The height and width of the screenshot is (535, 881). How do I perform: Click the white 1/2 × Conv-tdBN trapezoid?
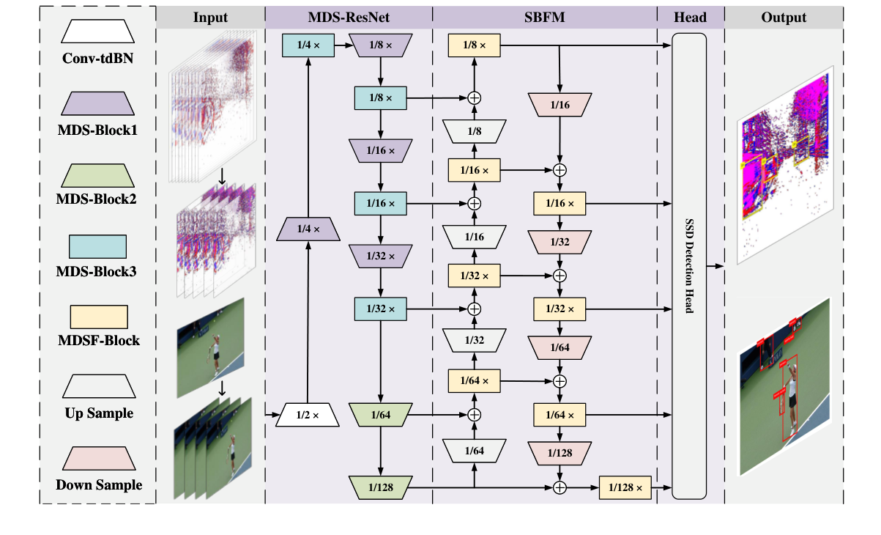point(308,416)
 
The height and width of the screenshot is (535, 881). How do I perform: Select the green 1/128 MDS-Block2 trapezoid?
point(380,487)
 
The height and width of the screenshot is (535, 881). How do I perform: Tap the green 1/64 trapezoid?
point(380,416)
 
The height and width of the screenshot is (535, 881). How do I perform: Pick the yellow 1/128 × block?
point(625,487)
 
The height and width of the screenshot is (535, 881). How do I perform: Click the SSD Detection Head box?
point(688,266)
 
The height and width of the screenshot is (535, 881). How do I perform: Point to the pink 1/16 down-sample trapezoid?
point(560,106)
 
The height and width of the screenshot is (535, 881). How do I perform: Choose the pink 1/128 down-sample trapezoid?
point(560,452)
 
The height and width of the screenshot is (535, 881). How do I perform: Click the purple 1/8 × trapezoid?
point(380,46)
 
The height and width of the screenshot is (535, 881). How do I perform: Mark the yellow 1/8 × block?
point(474,46)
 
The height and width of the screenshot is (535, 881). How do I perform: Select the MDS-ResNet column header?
point(349,18)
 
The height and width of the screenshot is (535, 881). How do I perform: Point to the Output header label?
point(784,18)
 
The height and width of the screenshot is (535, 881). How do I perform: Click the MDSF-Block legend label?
point(99,340)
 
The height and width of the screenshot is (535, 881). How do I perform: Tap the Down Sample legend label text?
point(99,484)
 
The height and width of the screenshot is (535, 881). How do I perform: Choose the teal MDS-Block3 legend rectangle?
point(99,246)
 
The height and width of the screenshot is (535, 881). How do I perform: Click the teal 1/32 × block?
point(380,309)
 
